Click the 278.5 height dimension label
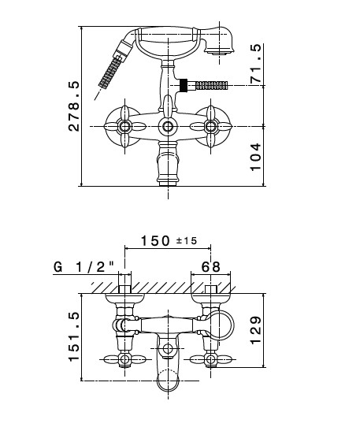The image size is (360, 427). [x=74, y=106]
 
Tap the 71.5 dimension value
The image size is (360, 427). [x=256, y=64]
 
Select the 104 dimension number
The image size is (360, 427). [x=255, y=157]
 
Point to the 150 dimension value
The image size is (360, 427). [x=155, y=241]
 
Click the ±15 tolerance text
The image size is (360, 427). [x=187, y=241]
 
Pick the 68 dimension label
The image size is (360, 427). [x=210, y=267]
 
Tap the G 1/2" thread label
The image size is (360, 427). [x=84, y=267]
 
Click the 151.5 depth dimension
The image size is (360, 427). [x=74, y=337]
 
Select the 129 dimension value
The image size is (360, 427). [x=256, y=330]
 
